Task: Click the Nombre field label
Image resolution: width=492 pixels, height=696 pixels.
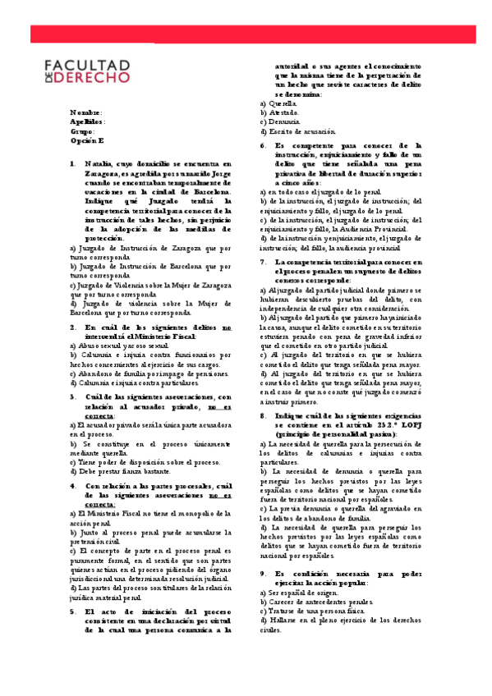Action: click(86, 112)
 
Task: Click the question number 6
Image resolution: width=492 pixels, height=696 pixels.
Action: click(263, 145)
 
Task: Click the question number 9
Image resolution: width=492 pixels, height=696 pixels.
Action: click(263, 551)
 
